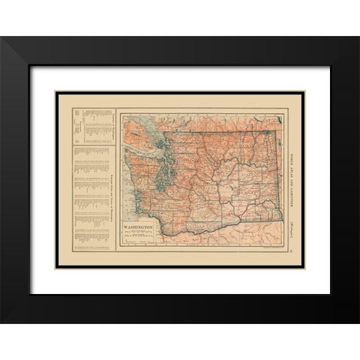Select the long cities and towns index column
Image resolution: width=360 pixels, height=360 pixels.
click(90, 195)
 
